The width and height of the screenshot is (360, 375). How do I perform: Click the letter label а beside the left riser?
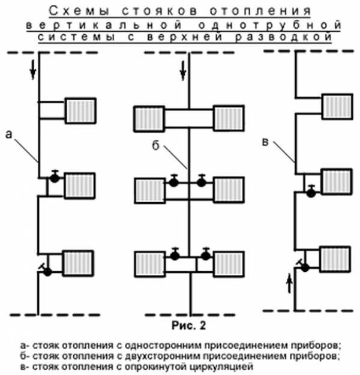click(x=8, y=134)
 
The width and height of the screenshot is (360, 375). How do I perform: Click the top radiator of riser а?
click(x=79, y=110)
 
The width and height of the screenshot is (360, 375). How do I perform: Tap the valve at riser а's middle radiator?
click(x=55, y=177)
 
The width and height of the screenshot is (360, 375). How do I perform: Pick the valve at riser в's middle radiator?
click(x=311, y=192)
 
